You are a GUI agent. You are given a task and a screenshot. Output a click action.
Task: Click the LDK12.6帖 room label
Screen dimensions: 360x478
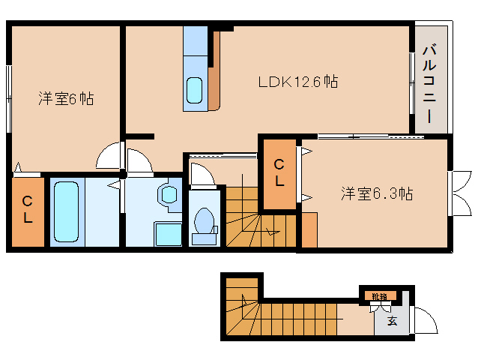tap(297, 82)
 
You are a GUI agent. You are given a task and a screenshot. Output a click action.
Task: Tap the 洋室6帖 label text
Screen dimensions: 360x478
tap(66, 98)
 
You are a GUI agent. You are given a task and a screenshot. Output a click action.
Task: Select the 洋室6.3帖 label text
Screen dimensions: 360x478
tap(377, 193)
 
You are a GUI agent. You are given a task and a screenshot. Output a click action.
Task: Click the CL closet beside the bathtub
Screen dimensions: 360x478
tap(26, 210)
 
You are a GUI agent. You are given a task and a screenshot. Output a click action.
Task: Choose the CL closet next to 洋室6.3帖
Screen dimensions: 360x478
tap(279, 173)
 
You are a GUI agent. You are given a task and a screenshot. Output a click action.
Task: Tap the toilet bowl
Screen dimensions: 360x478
tap(203, 222)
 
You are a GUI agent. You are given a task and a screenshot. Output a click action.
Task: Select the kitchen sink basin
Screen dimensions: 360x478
tap(195, 91)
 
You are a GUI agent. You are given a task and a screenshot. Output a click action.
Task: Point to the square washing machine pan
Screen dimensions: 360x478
tap(168, 233)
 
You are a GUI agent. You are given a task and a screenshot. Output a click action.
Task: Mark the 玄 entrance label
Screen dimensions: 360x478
tap(392, 322)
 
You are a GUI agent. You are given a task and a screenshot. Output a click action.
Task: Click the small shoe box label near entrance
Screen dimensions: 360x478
tap(379, 295)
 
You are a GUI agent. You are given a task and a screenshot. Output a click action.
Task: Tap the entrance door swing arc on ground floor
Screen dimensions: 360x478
tap(423, 321)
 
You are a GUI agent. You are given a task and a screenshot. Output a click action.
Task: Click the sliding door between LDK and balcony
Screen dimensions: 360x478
tap(411, 82)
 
